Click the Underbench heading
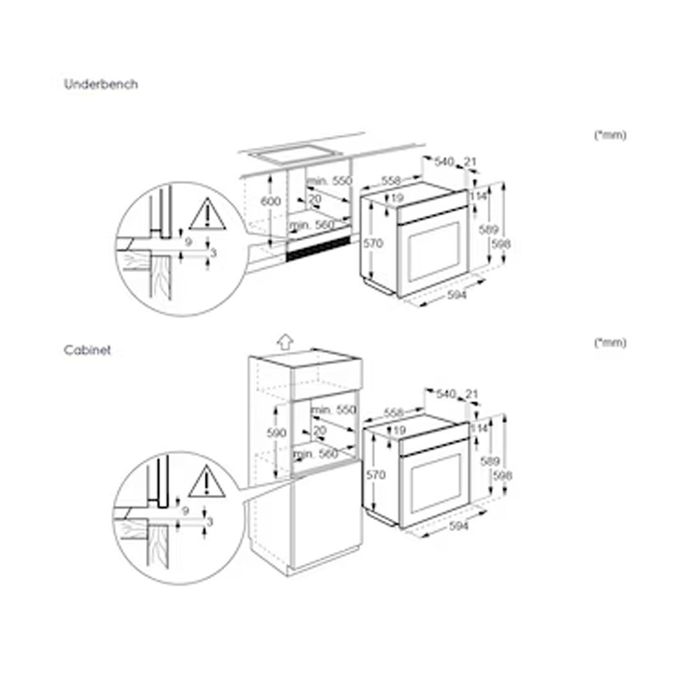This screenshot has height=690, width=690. point(101,84)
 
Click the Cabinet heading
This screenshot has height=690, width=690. point(87,350)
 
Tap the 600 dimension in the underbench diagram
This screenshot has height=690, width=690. point(271,201)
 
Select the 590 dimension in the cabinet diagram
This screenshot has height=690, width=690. point(277,433)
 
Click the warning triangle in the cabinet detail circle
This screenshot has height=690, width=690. point(207,481)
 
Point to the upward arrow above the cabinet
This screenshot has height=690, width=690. point(286,341)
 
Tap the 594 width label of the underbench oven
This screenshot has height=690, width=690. point(457,295)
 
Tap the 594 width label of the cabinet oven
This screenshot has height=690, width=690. point(459,526)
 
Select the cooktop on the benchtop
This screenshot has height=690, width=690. point(295,153)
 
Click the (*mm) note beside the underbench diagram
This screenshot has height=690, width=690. point(610,135)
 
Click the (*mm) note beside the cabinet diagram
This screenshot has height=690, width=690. point(610,342)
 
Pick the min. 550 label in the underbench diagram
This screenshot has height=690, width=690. point(329,180)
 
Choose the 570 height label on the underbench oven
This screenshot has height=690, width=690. point(373,243)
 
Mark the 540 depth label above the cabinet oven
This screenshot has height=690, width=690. point(446,394)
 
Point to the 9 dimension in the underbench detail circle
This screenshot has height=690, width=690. point(188,241)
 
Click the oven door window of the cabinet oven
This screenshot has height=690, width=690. point(436,484)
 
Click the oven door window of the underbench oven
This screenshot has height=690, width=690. point(434,252)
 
